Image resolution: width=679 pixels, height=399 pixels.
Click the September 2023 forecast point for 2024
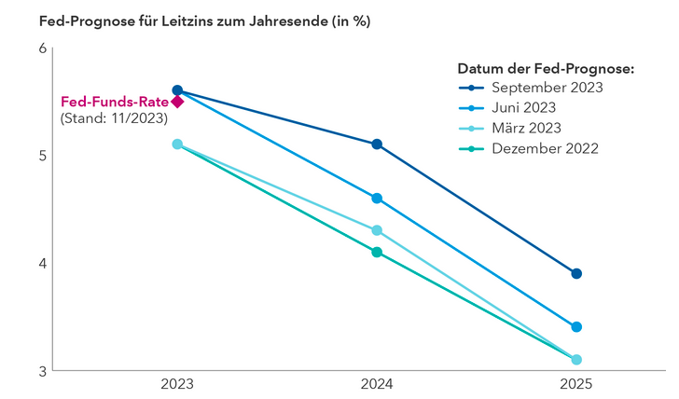(x=377, y=144)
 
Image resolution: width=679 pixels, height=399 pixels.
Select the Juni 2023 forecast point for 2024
(x=377, y=199)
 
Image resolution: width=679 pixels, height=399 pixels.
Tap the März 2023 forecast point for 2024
(x=377, y=230)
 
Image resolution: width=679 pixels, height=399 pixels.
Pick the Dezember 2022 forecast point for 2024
(x=377, y=252)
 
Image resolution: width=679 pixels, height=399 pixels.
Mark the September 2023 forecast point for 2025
(x=576, y=273)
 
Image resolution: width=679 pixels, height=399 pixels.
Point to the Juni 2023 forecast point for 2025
(x=576, y=327)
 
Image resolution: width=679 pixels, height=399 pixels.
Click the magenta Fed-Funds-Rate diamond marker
(x=177, y=102)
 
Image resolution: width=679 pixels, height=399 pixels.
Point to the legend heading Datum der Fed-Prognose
(x=546, y=68)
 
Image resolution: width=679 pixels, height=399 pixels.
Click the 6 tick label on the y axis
(x=41, y=48)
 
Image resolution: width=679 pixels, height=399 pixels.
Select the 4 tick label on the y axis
(x=41, y=263)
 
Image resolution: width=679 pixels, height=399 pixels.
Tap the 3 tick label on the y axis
(x=41, y=371)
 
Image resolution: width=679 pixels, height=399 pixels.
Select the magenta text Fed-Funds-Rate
(x=114, y=102)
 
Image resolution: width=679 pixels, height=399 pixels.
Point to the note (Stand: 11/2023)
(x=113, y=118)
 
